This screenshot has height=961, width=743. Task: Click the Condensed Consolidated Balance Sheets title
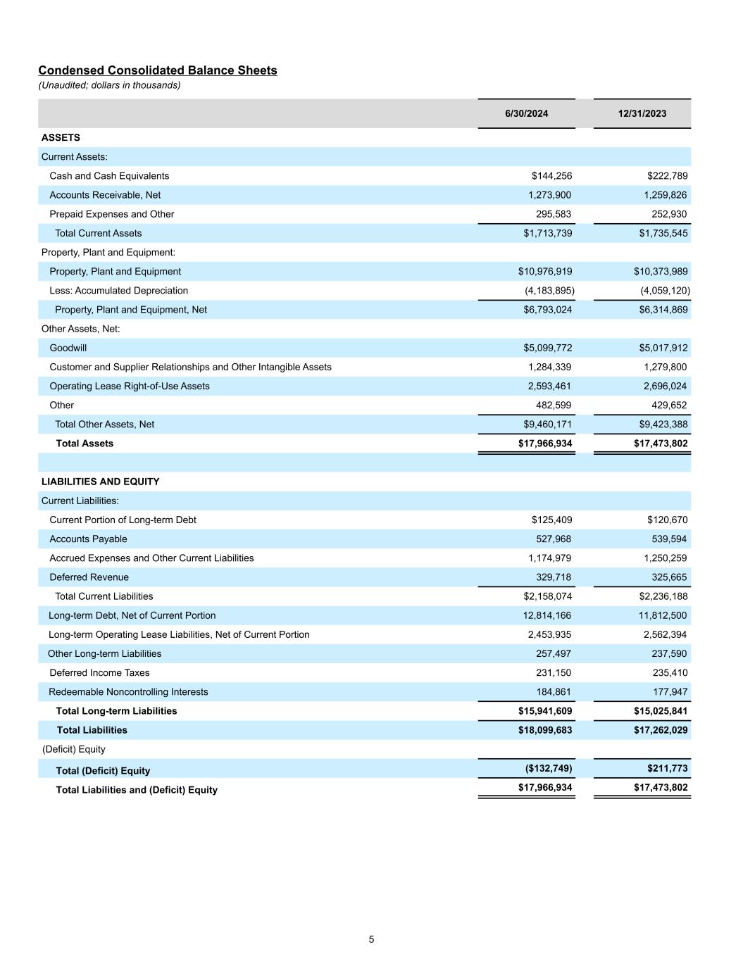[x=158, y=70]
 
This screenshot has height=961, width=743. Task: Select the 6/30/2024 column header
[x=526, y=113]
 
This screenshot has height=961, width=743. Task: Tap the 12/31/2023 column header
[x=642, y=113]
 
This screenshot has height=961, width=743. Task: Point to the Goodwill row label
[x=68, y=348]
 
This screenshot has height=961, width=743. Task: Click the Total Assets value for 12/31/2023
[x=661, y=444]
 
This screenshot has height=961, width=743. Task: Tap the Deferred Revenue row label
[x=89, y=577]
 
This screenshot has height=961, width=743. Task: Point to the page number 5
[x=371, y=939]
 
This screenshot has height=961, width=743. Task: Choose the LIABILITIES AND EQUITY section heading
[x=100, y=482]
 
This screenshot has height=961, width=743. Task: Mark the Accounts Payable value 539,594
[x=667, y=539]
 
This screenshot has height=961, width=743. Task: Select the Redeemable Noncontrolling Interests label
[x=128, y=692]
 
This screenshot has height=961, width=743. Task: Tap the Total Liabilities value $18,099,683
[x=545, y=730]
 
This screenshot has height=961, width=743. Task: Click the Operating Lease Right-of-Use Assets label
[x=130, y=386]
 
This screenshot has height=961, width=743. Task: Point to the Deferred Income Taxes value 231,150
[x=554, y=673]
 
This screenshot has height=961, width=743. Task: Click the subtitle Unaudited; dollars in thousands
[x=109, y=85]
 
